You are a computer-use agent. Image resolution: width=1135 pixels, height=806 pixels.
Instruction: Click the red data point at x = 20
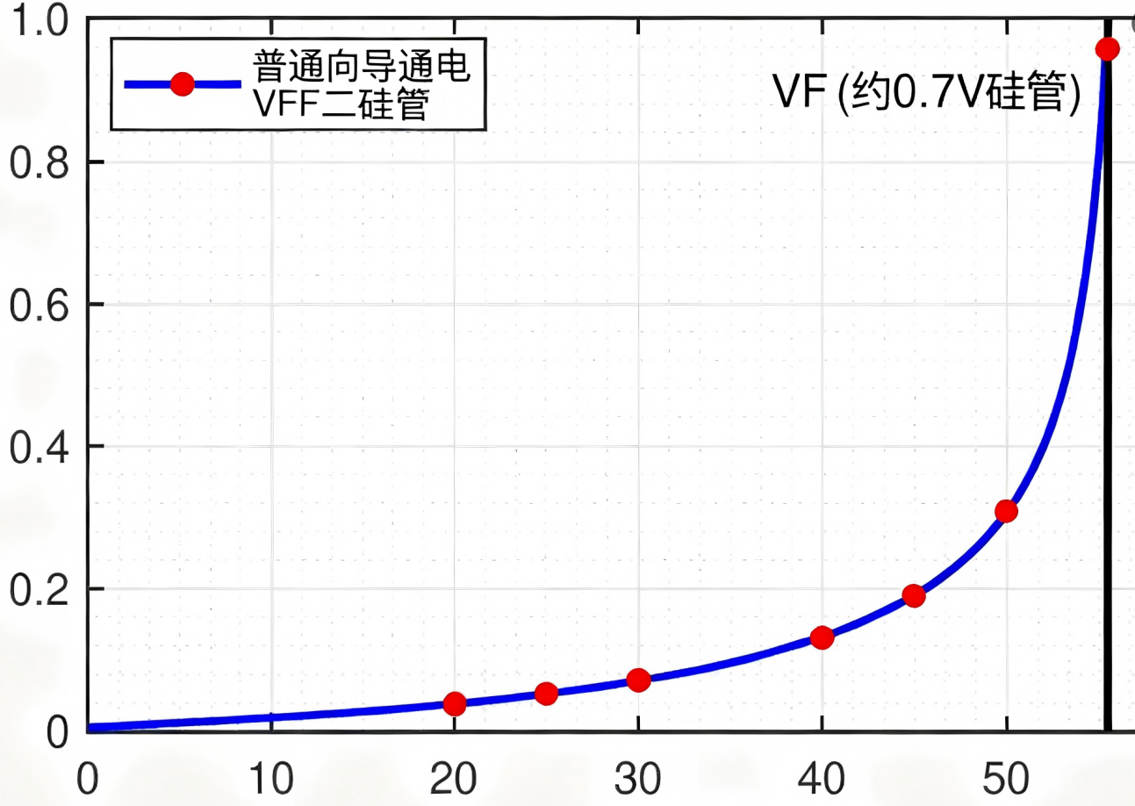tap(455, 703)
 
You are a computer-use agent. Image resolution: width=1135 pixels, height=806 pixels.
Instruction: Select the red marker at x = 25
tap(546, 694)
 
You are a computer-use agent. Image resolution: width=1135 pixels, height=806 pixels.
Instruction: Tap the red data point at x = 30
tap(639, 680)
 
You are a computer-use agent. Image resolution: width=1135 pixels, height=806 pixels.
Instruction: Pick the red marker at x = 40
tap(822, 637)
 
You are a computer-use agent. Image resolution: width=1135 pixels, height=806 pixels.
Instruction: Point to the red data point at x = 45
tap(914, 596)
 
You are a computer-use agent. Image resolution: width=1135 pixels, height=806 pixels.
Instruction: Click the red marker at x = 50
tap(1006, 511)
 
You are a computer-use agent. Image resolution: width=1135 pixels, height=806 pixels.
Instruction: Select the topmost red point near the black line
tap(1108, 48)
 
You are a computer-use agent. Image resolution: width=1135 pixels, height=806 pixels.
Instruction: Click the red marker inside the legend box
tap(182, 84)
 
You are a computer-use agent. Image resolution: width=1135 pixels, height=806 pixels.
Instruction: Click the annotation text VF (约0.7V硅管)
tap(926, 92)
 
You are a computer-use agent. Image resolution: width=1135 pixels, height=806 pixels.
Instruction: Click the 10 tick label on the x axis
tap(270, 778)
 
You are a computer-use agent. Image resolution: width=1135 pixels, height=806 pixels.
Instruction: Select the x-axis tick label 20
tap(455, 778)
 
